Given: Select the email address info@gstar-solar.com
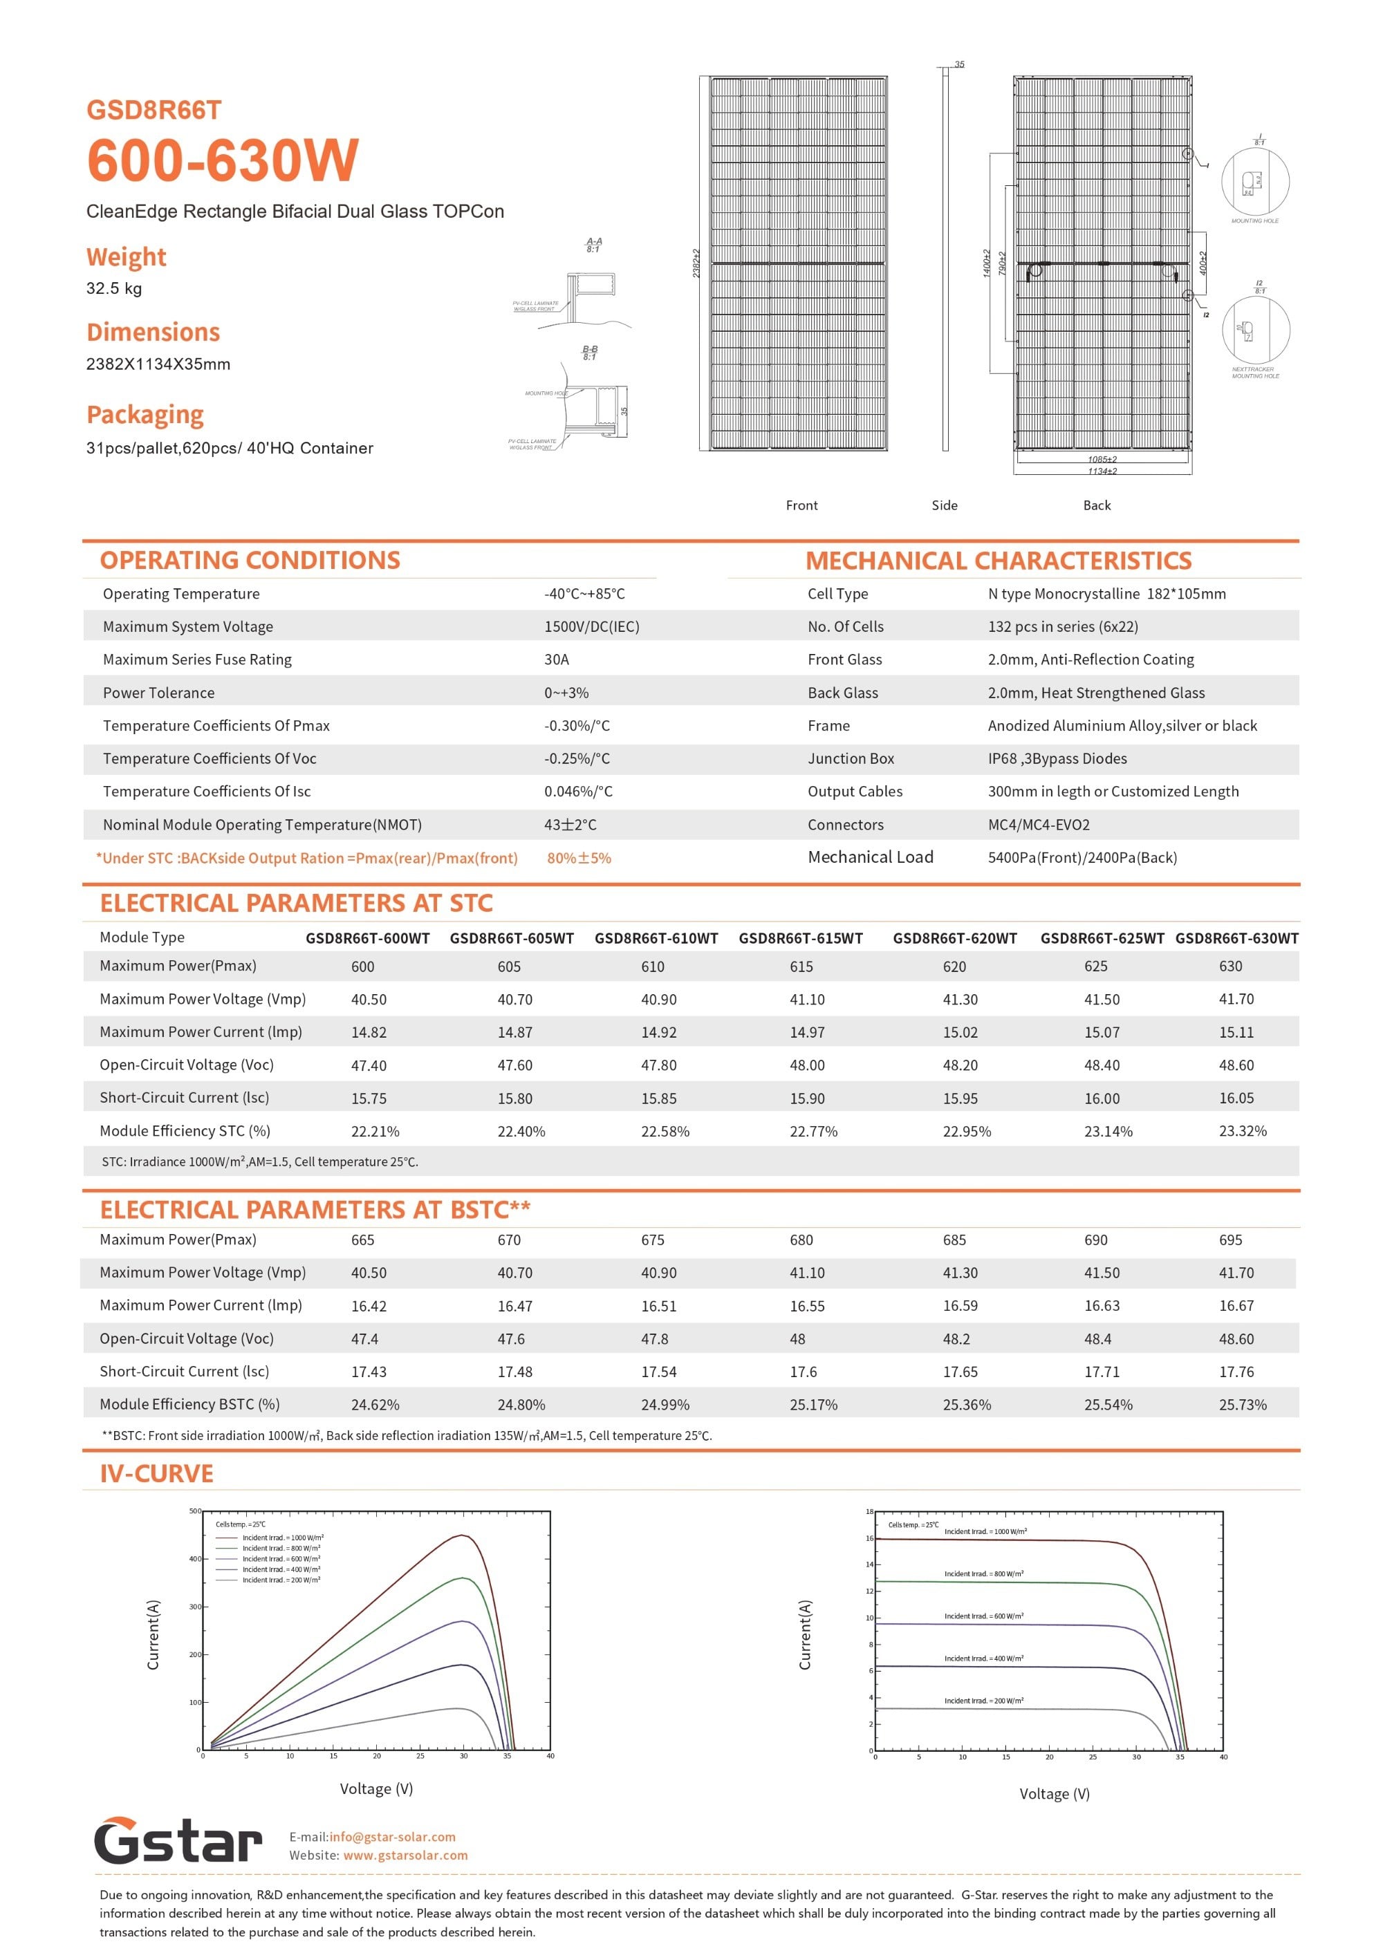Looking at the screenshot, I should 392,1836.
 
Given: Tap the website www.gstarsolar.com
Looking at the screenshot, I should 405,1855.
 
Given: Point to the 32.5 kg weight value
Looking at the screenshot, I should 114,288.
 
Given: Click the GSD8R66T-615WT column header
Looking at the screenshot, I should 801,938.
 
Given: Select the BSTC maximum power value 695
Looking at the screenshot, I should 1231,1240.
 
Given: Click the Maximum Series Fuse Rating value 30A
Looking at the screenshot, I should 556,659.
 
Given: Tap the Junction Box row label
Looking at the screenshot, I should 851,758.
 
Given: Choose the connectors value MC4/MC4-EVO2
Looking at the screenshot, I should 1038,824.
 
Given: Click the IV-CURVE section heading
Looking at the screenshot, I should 157,1474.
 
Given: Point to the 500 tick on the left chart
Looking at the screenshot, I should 195,1511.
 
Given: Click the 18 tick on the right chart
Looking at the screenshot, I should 869,1511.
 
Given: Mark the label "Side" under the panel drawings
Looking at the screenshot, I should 945,505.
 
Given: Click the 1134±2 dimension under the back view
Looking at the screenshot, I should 1102,471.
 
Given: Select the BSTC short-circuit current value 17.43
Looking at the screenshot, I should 369,1372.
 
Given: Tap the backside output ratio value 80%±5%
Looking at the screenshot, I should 579,858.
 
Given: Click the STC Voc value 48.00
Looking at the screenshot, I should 806,1065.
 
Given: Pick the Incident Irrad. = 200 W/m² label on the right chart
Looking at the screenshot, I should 983,1700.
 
